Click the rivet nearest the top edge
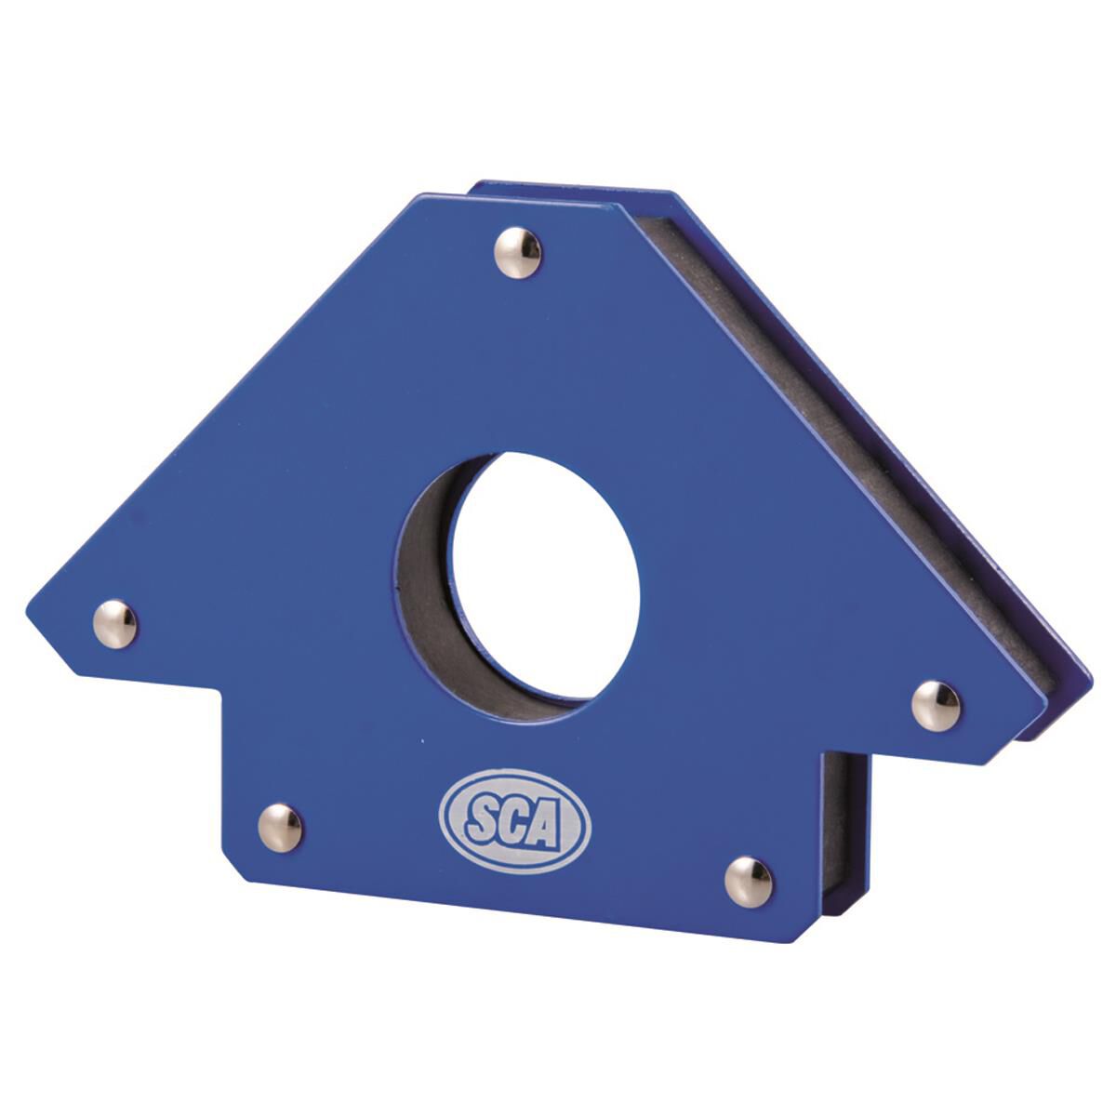coord(518,252)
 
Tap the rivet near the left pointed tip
coord(115,623)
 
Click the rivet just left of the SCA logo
coord(280,827)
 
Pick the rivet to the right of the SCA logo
coord(749,882)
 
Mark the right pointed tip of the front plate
coord(1045,688)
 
